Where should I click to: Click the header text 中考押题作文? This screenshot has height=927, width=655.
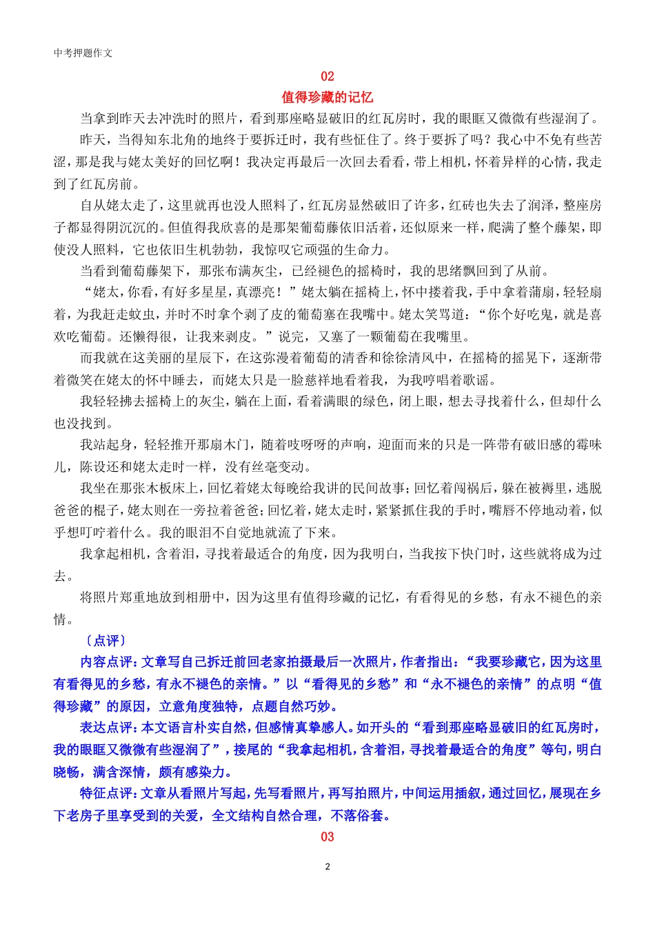tap(83, 53)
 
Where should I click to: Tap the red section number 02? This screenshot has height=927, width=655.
tap(327, 77)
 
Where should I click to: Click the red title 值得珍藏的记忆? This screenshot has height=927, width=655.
tap(327, 97)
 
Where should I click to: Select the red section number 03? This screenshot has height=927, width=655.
tap(327, 837)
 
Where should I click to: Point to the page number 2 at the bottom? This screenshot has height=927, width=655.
tap(327, 867)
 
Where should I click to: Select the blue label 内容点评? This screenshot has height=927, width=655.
tap(106, 662)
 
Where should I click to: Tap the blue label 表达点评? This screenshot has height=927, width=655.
tap(106, 728)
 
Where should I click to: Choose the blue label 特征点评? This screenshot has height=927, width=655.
tap(106, 793)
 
